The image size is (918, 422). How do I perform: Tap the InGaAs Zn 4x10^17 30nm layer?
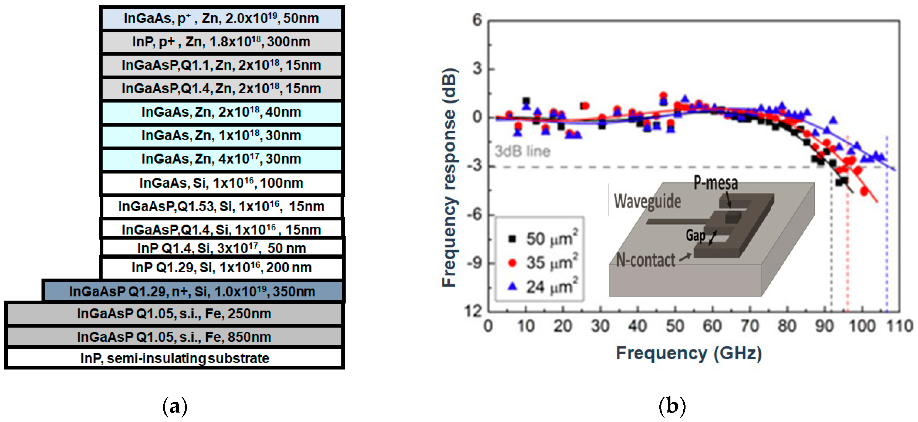coord(221,159)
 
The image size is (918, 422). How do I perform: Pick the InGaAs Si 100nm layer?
coord(221,183)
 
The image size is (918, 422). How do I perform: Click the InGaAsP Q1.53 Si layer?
coord(221,207)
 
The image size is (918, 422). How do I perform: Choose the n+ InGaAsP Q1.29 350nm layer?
coord(193,292)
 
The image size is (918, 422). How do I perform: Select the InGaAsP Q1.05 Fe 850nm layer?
coord(174,337)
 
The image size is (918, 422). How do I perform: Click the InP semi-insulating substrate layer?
coord(174,358)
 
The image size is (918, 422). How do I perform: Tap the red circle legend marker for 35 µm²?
coord(512,263)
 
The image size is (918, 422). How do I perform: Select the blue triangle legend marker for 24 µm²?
coord(512,286)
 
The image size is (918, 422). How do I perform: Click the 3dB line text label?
coord(522,152)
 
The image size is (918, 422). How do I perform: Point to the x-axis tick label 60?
coord(712,326)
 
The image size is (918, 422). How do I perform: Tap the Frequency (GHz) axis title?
coord(688,354)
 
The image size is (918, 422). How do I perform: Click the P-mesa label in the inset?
coord(715,183)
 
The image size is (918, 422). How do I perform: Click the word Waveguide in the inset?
coord(647,201)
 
